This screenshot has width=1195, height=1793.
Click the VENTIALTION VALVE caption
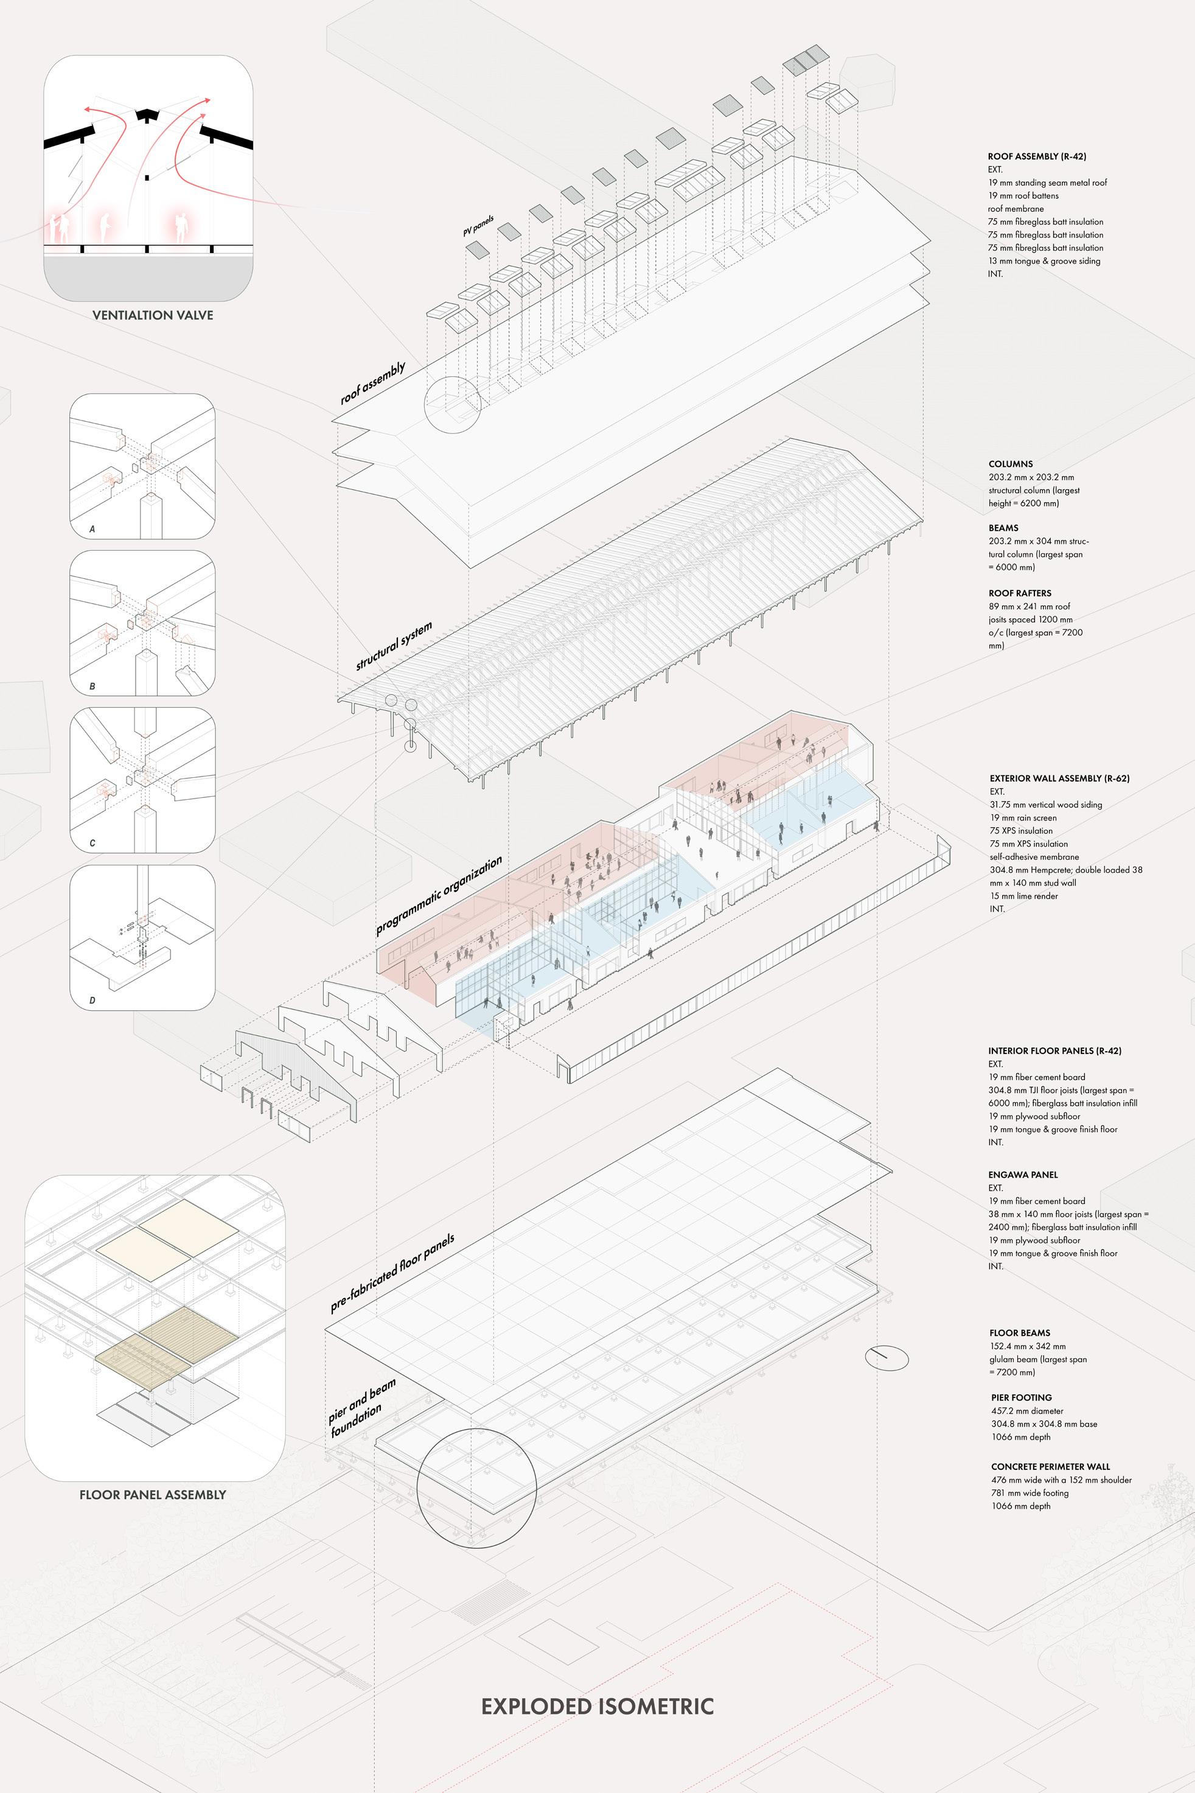[x=153, y=315]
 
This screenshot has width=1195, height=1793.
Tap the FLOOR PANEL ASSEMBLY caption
[x=153, y=1494]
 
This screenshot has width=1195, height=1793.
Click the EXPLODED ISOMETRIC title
[x=597, y=1705]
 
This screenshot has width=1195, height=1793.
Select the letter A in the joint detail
[x=92, y=528]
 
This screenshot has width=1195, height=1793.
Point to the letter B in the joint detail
[x=92, y=686]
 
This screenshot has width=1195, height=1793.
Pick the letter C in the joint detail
[x=92, y=843]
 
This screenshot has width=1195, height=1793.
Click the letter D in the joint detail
[x=92, y=1000]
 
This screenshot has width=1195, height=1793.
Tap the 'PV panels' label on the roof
[x=478, y=226]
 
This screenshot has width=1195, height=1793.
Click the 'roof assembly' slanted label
[x=372, y=383]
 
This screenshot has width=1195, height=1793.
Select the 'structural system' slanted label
[x=394, y=646]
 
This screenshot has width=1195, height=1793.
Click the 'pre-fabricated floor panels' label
[x=392, y=1273]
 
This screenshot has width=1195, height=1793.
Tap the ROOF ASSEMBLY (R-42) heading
[x=1036, y=156]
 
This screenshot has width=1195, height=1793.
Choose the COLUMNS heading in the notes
[x=1011, y=464]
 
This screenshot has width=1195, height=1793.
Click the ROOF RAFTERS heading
[x=1020, y=592]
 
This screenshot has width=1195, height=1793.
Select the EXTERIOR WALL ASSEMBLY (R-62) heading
[x=1059, y=778]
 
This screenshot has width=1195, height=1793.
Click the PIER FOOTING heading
[x=1020, y=1397]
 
